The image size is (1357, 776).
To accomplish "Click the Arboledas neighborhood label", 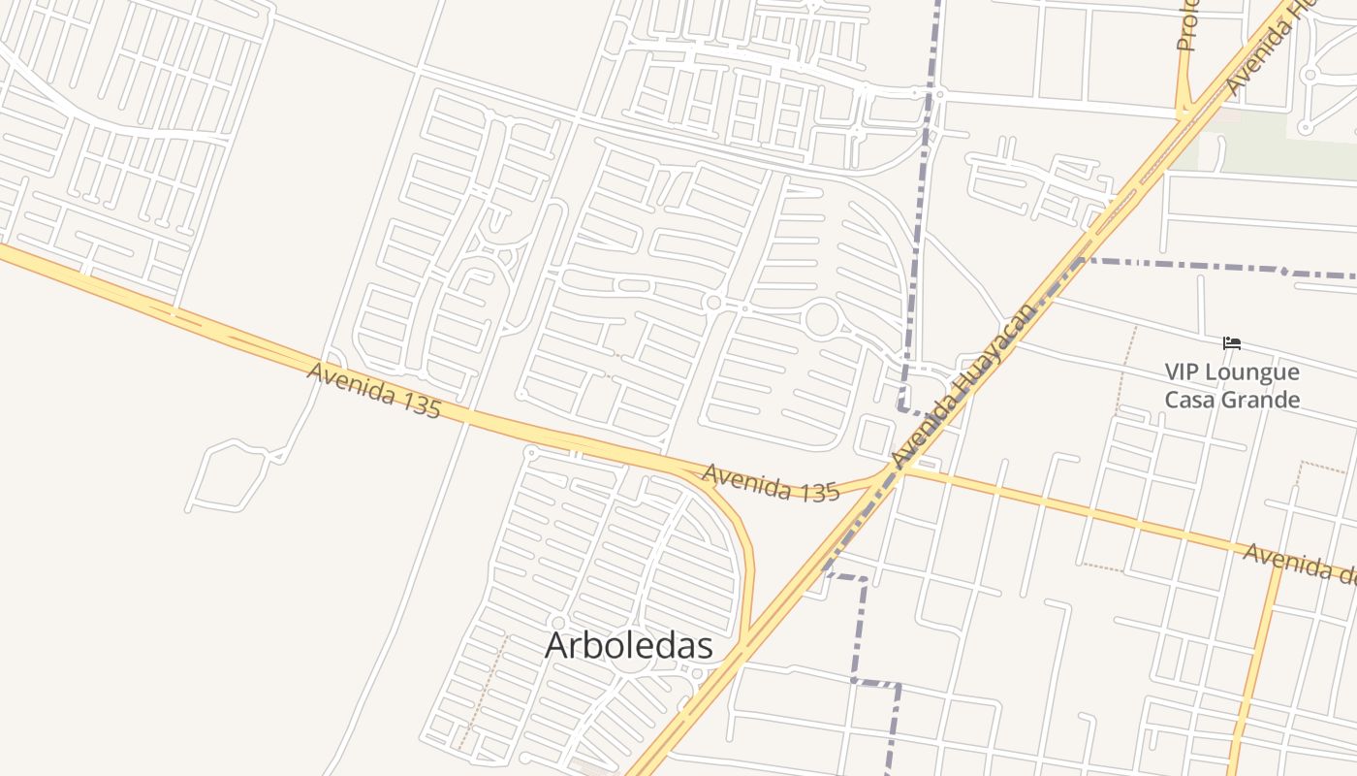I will [629, 645].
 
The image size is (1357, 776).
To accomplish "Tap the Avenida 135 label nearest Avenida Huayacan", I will [770, 482].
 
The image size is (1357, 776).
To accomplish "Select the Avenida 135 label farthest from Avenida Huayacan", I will [374, 390].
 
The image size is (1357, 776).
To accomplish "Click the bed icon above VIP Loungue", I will [1232, 343].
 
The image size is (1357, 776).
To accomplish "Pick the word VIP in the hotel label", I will [1183, 372].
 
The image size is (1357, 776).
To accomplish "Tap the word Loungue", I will [1255, 372].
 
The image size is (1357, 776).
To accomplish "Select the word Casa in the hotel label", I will [1190, 400].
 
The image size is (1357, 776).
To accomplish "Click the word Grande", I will [1262, 400].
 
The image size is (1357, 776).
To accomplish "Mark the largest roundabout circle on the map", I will [821, 318].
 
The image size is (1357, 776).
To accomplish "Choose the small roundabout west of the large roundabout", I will [714, 303].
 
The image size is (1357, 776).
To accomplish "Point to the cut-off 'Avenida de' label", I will [1299, 564].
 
